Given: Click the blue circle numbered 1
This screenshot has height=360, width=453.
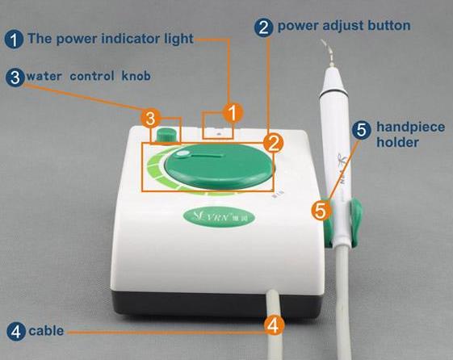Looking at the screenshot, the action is coord(14,40).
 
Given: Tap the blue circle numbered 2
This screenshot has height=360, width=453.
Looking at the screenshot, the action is coord(263,27).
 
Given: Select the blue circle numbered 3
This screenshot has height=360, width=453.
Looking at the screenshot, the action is coord(15,77).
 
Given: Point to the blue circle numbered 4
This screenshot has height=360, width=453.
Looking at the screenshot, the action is coord(16,332).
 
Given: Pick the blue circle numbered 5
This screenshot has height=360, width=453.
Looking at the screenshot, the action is coord(361,130).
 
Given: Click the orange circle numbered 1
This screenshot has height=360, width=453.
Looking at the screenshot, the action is coord(233,112).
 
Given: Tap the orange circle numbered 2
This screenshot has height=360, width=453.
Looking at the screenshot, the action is coord(274,143).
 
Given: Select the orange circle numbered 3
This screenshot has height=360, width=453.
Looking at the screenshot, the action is coord(150,119).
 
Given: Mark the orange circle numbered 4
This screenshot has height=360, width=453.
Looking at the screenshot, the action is coord(274,325).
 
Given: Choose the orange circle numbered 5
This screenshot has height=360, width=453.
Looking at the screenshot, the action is coord(321,210).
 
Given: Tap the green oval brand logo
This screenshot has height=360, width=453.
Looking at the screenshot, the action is coord(220,216).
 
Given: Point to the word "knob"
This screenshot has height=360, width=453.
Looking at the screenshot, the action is coord(136,76).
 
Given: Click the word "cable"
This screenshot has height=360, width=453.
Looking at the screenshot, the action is coord(46,331).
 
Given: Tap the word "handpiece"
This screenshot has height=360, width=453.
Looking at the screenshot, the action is coord(410,128).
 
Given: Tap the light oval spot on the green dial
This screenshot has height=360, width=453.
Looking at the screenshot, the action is coord(182,155).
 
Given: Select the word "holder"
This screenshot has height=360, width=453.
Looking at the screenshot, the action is coord(397,142).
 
